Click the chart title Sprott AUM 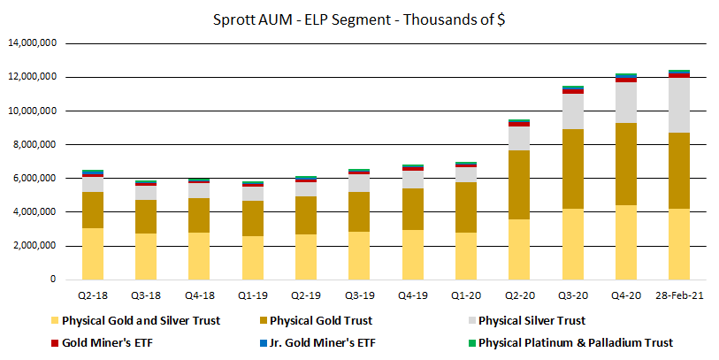(x=252, y=19)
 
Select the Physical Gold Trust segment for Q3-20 (x=573, y=169)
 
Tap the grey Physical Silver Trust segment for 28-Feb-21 (x=679, y=105)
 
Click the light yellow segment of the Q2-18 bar (x=93, y=254)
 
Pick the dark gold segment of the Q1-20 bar (x=466, y=207)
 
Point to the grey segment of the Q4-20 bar (x=626, y=103)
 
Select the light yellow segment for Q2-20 (x=519, y=249)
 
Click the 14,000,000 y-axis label (x=32, y=43)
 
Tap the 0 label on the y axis (x=53, y=279)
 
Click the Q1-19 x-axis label (x=253, y=295)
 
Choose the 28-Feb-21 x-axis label (x=679, y=295)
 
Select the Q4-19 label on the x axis (x=413, y=295)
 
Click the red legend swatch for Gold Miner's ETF (x=55, y=342)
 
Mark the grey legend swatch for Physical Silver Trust (x=472, y=320)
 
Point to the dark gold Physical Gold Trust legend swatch (x=264, y=320)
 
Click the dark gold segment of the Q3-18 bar (x=146, y=217)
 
